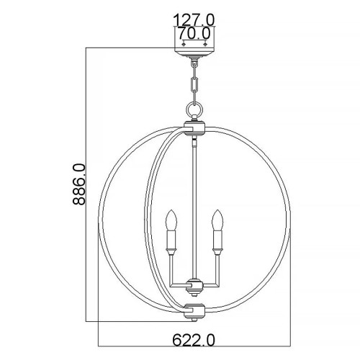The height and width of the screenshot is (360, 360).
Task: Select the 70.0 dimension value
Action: click(x=194, y=33)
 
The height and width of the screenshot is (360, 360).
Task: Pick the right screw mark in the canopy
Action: click(x=206, y=46)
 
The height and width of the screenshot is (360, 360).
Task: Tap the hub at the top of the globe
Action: click(x=194, y=128)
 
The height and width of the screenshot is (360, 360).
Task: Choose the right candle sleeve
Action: click(x=215, y=237)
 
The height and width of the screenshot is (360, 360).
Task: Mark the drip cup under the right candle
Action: click(x=215, y=250)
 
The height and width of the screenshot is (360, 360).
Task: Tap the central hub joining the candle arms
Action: click(x=194, y=282)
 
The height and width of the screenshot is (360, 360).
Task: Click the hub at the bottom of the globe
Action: click(x=194, y=311)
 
